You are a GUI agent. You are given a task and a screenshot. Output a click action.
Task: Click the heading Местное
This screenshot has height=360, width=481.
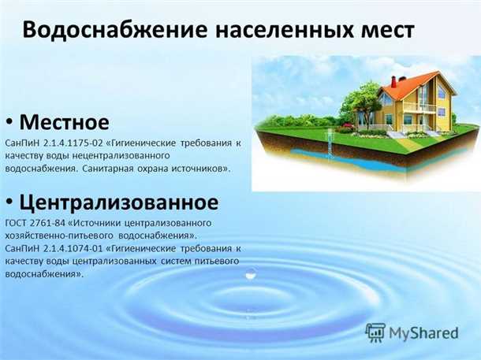click(x=65, y=122)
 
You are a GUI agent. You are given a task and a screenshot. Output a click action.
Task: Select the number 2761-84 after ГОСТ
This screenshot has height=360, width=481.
click(x=51, y=223)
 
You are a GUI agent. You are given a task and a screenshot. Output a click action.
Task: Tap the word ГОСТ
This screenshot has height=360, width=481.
click(x=16, y=223)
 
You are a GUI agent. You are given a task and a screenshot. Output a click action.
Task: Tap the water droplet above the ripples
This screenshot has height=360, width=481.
click(x=251, y=273)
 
